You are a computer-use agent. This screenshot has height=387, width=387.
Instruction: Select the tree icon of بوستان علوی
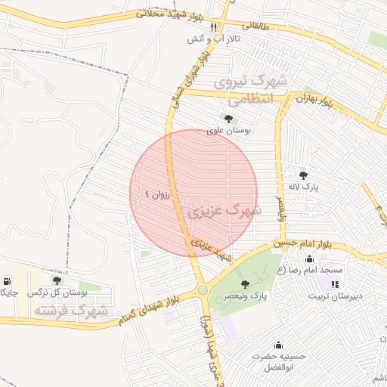point(228,118)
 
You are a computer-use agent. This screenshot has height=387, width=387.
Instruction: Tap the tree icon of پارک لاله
point(303,175)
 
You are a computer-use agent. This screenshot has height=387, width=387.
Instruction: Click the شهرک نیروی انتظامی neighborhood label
point(249,89)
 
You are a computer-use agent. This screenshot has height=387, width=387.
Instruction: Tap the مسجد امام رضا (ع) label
point(310,270)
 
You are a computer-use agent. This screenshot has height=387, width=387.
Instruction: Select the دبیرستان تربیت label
point(336,296)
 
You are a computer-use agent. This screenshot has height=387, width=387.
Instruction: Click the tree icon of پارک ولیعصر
point(245,283)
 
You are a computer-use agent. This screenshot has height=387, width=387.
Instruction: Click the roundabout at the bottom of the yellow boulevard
point(203,290)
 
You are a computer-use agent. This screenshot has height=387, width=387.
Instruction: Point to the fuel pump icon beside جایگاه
point(7,280)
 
